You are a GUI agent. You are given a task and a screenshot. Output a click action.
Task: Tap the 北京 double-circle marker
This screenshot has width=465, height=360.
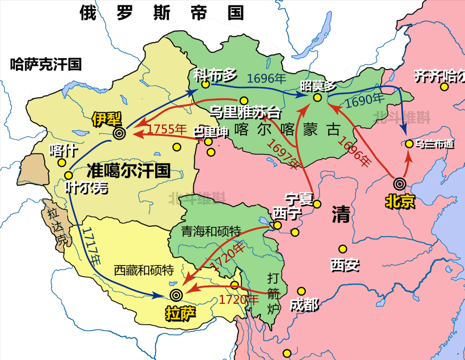pyautogui.click(x=400, y=183)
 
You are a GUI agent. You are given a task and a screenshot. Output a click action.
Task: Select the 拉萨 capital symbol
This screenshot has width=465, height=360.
pyautogui.click(x=175, y=294)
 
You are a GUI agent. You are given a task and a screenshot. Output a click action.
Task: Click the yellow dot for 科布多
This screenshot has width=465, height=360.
pyautogui.click(x=205, y=85)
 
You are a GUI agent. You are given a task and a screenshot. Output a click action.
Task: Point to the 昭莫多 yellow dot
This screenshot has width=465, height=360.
pyautogui.click(x=317, y=97)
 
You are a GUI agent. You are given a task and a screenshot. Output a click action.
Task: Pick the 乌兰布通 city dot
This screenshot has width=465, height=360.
pyautogui.click(x=409, y=144)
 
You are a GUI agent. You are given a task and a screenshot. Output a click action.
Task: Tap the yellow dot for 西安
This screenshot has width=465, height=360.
pyautogui.click(x=343, y=249)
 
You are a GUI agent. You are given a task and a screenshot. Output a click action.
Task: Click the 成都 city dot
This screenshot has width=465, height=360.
pyautogui.click(x=301, y=291)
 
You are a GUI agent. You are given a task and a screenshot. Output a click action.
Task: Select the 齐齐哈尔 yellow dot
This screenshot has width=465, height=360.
pyautogui.click(x=444, y=87)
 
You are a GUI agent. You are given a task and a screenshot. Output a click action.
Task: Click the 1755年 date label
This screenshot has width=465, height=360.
pyautogui.click(x=167, y=129)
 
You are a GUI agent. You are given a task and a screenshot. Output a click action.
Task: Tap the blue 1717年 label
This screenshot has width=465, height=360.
pyautogui.click(x=93, y=245)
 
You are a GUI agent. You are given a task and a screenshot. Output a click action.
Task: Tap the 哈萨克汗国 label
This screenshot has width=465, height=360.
pyautogui.click(x=46, y=64)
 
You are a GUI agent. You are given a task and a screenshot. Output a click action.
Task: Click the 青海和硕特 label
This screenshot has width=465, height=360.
pyautogui.click(x=211, y=231)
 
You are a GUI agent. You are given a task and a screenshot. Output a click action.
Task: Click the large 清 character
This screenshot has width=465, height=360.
pyautogui.click(x=341, y=215)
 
